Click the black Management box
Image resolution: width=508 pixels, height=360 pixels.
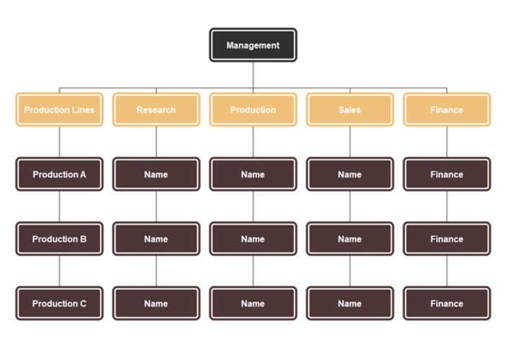(253, 45)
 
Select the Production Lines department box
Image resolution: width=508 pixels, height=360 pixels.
(59, 109)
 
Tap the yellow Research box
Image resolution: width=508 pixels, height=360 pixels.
(156, 109)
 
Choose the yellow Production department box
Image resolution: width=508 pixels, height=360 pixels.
(253, 109)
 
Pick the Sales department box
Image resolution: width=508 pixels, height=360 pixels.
(349, 109)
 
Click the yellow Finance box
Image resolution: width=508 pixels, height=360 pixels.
(447, 109)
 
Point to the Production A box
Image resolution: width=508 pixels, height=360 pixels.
(59, 174)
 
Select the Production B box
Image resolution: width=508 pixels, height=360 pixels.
(59, 239)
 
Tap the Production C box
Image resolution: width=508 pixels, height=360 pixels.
(59, 303)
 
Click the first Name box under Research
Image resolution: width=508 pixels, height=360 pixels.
(156, 174)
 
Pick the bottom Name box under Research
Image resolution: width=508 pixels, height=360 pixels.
(156, 303)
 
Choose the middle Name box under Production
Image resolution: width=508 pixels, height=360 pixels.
(253, 239)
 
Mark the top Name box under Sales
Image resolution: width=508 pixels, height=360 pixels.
(349, 174)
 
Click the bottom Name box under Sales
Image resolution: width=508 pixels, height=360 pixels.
(349, 303)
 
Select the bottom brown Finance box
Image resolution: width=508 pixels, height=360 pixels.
(447, 303)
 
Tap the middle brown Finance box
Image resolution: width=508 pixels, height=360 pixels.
(447, 239)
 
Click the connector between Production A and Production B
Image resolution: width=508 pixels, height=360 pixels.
(59, 207)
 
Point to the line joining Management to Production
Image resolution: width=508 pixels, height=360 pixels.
(253, 76)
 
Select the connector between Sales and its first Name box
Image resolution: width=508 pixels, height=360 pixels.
(349, 142)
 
